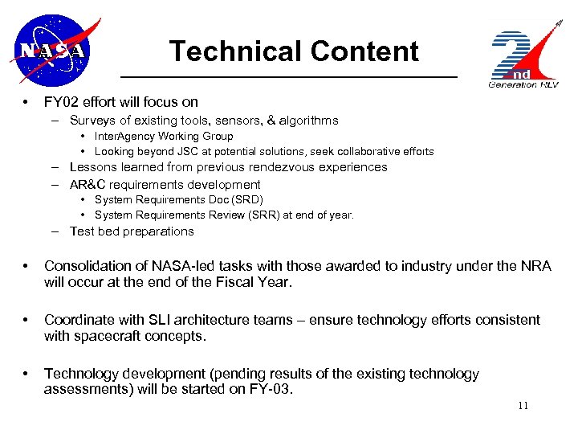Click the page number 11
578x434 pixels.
point(523,406)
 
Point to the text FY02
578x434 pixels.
point(61,102)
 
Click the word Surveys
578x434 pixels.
point(93,121)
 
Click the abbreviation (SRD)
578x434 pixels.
point(246,199)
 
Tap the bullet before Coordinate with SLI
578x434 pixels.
point(27,320)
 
